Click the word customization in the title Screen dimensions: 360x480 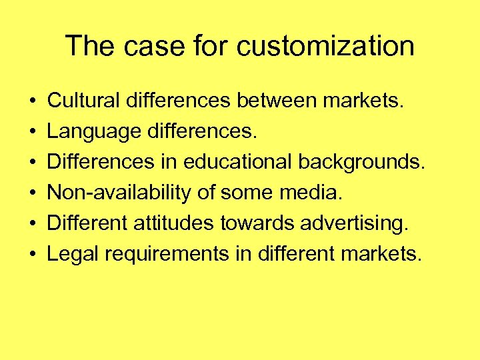[325, 47]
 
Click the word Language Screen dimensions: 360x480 [93, 131]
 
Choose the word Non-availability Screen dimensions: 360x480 [121, 193]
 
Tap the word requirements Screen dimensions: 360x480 [157, 254]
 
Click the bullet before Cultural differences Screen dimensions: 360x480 [33, 101]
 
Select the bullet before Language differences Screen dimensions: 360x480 [33, 132]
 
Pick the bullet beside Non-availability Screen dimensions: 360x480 [33, 193]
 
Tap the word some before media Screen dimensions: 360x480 [246, 193]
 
